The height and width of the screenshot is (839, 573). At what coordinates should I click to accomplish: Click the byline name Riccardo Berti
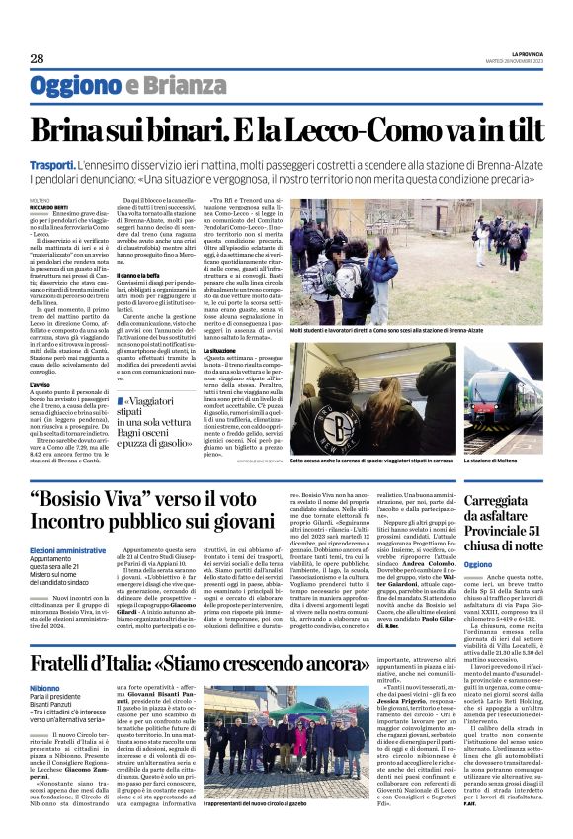point(46,206)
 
